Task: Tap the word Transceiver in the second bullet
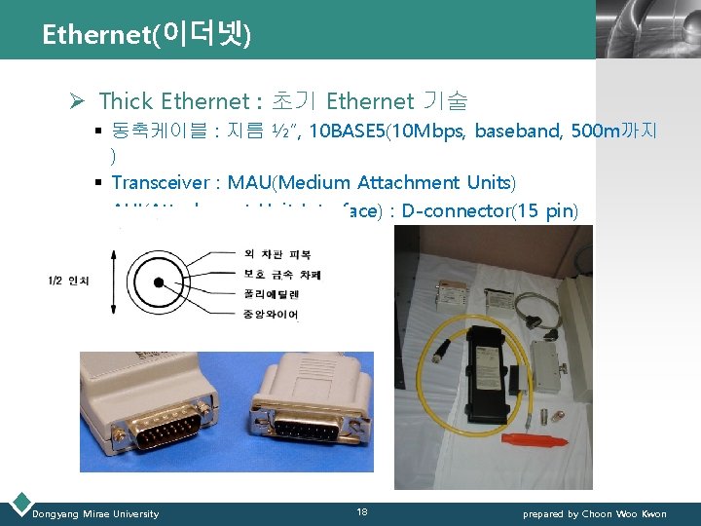(x=159, y=182)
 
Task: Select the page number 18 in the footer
(x=361, y=512)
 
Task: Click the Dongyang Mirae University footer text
(x=95, y=513)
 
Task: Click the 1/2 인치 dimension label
(x=68, y=282)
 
